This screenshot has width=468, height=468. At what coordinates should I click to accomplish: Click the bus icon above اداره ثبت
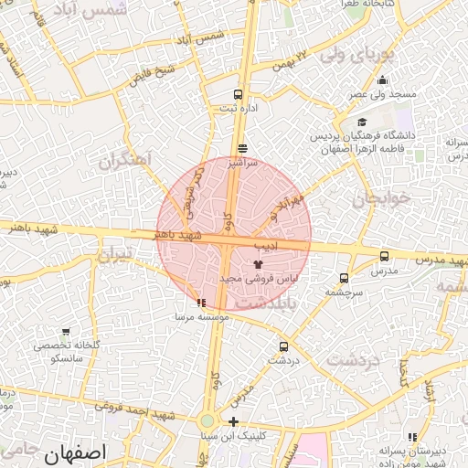(x=239, y=94)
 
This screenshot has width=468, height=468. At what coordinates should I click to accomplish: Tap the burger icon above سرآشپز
(x=242, y=148)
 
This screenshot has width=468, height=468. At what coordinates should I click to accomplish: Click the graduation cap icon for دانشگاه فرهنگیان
(x=363, y=122)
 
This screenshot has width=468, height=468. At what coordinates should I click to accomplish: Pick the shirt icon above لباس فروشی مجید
(x=257, y=263)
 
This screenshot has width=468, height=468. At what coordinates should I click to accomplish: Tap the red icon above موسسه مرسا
(x=201, y=303)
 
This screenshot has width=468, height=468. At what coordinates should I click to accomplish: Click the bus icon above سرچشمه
(x=344, y=278)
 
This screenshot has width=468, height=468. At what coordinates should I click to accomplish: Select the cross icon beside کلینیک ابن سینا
(x=235, y=422)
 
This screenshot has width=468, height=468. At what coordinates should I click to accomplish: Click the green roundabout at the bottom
(x=207, y=421)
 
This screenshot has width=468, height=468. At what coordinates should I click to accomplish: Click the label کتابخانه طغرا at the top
(x=367, y=5)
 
